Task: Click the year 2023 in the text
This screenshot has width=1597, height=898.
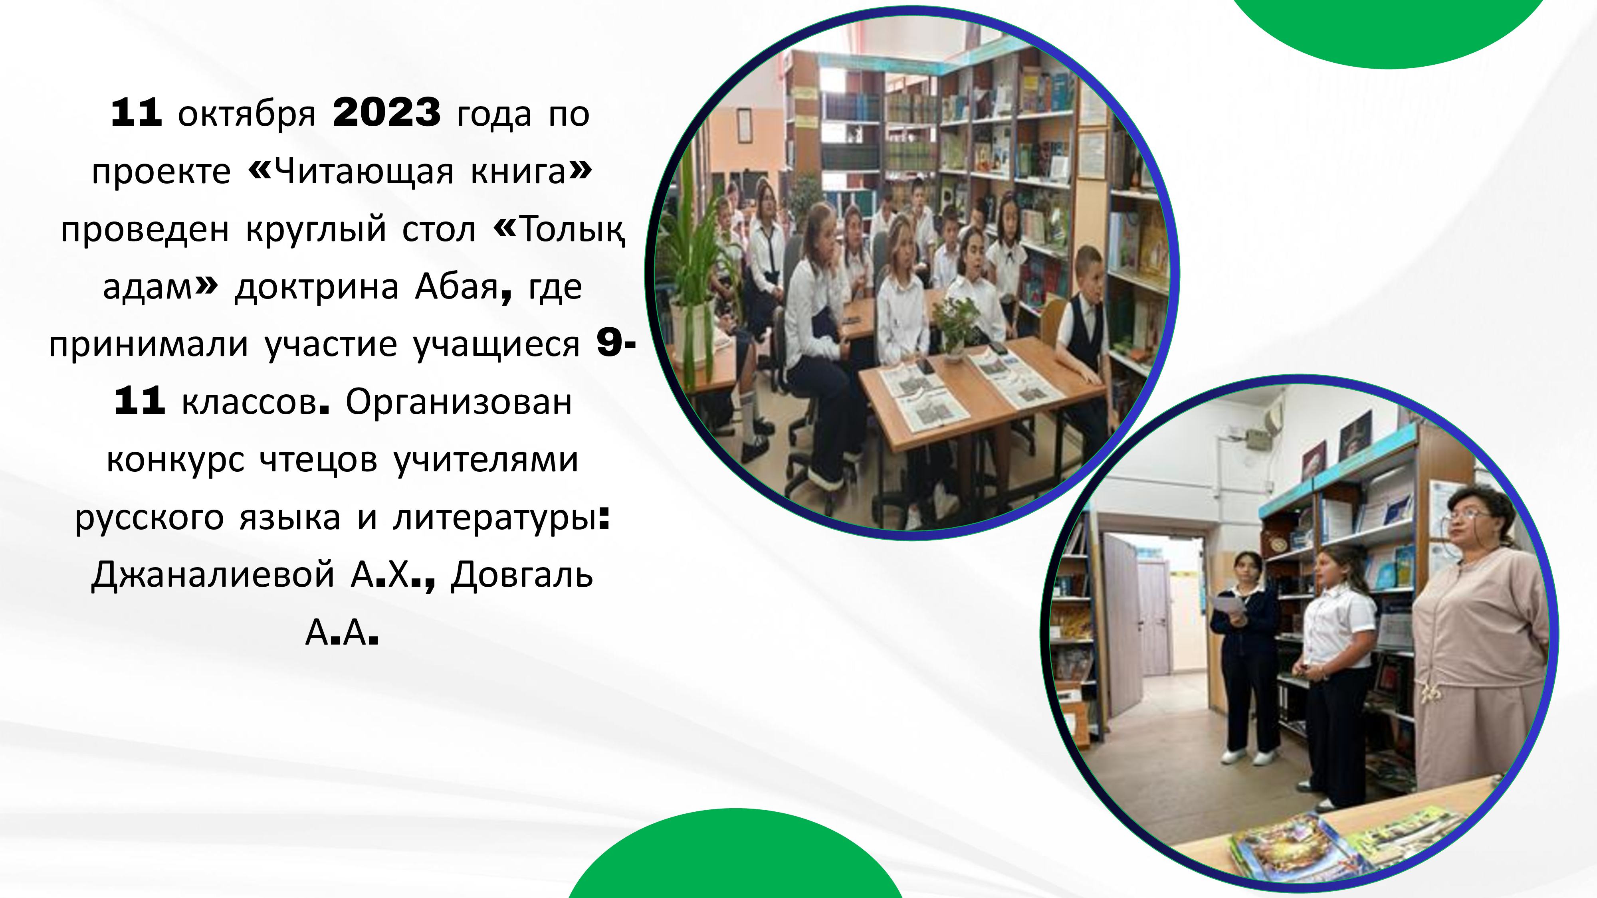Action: point(386,113)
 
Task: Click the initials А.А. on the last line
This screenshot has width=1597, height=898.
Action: point(342,632)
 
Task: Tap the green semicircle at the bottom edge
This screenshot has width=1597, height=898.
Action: point(735,855)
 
